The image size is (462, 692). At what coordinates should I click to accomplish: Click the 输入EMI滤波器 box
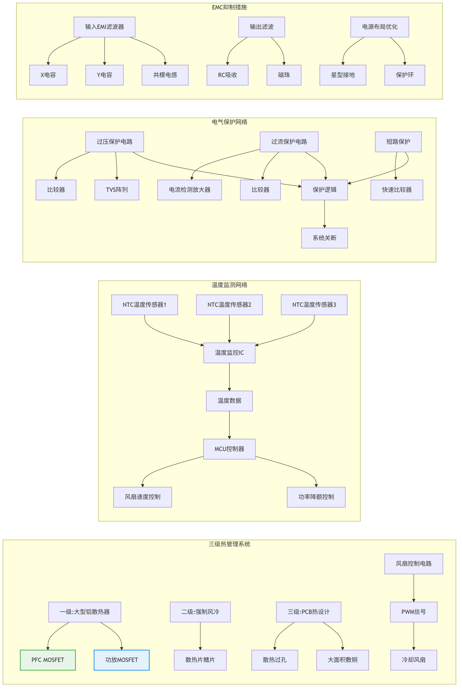coord(104,27)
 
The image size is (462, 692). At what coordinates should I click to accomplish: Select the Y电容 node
coord(104,75)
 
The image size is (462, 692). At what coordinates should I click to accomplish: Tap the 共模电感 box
coord(165,75)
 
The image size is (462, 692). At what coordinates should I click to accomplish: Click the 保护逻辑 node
coord(324,190)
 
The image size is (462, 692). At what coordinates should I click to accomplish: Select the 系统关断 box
coord(324,238)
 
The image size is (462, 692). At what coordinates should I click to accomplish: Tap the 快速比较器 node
coord(397,190)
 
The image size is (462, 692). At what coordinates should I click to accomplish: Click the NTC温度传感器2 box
coord(229,305)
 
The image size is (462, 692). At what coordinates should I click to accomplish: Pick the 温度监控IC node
coord(229,353)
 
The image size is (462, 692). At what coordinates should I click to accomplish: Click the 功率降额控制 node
coord(316,497)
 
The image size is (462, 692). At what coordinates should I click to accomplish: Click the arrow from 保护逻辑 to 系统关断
coord(324,214)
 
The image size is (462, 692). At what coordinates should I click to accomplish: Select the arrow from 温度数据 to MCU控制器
coord(229,425)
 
